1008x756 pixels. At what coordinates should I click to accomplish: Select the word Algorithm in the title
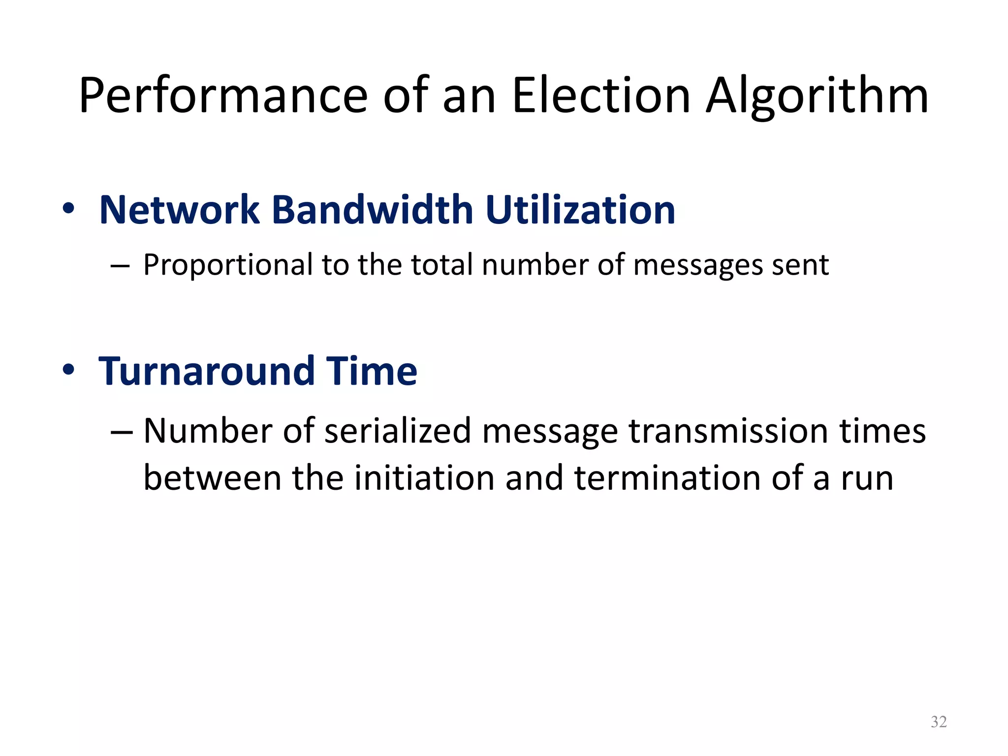[x=817, y=96]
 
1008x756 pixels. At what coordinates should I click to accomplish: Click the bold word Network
[x=179, y=210]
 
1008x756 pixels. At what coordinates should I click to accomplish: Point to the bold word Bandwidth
[x=372, y=210]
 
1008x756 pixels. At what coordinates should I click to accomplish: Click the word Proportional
[x=228, y=266]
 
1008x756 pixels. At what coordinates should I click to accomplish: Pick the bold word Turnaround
[x=207, y=371]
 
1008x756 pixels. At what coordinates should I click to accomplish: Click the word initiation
[x=424, y=478]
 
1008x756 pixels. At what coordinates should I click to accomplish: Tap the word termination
[x=667, y=478]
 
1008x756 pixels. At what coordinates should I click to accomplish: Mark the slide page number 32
[x=939, y=722]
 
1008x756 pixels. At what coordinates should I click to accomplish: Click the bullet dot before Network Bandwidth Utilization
[x=68, y=209]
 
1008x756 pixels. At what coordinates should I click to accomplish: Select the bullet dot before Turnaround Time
[x=68, y=370]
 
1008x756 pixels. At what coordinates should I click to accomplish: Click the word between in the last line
[x=212, y=478]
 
